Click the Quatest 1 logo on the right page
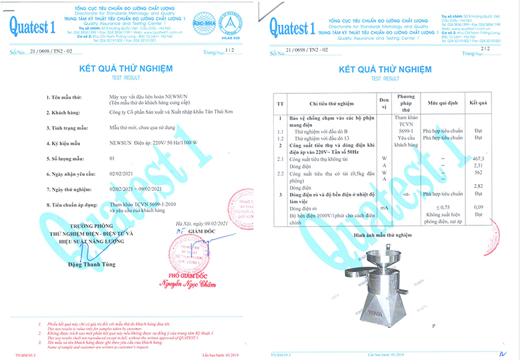pos(290,27)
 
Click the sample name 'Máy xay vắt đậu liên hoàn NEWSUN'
pos(148,97)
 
